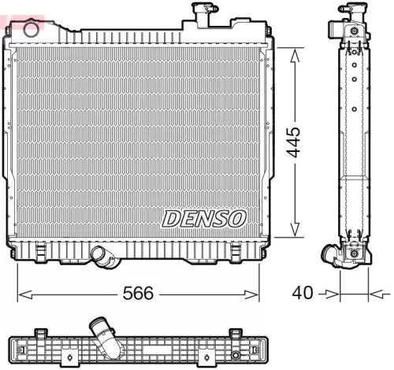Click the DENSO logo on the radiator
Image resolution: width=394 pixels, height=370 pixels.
click(x=205, y=217)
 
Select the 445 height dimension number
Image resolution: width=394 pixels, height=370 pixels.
click(x=294, y=142)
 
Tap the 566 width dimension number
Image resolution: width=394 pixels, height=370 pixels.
click(x=139, y=294)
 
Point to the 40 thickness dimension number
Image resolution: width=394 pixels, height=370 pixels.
click(x=302, y=293)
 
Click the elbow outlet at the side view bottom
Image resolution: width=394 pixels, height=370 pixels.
click(x=333, y=256)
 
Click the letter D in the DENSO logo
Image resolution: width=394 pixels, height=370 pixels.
click(x=172, y=217)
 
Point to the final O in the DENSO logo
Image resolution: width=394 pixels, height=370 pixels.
click(x=237, y=217)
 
